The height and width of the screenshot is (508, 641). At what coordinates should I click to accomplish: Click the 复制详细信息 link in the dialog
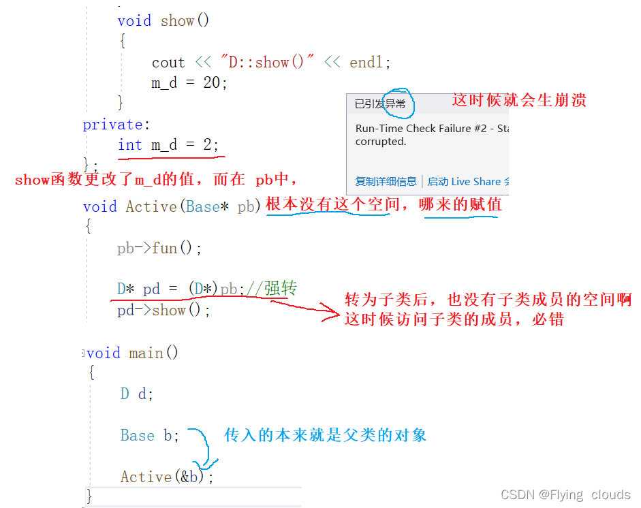click(386, 182)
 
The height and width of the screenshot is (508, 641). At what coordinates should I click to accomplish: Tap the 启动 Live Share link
click(464, 182)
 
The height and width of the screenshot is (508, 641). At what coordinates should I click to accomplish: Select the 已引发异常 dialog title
click(380, 104)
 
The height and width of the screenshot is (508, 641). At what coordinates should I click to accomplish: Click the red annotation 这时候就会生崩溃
click(519, 100)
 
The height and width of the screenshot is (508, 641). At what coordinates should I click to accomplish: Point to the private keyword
click(112, 125)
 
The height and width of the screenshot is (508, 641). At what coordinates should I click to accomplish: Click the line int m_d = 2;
click(168, 145)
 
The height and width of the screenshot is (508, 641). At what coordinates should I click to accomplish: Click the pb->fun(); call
click(159, 248)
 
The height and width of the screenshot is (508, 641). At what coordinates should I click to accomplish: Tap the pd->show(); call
click(163, 311)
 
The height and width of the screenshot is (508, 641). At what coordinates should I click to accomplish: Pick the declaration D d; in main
click(137, 394)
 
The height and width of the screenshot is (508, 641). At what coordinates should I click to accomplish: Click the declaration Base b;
click(150, 435)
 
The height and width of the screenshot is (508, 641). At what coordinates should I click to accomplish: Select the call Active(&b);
click(167, 477)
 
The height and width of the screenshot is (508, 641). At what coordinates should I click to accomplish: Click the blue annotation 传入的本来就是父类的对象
click(326, 435)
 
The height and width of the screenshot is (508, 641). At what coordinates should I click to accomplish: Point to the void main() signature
click(133, 353)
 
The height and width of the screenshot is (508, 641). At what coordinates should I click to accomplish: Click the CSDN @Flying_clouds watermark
click(565, 495)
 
